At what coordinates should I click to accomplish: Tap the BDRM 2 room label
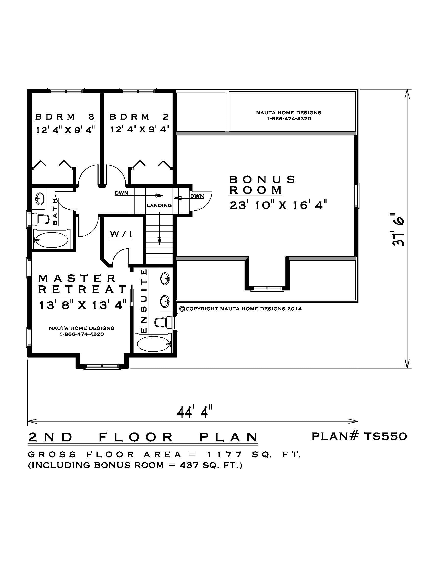[139, 117]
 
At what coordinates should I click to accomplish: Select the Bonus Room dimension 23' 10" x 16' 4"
[278, 206]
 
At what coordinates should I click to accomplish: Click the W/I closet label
[121, 234]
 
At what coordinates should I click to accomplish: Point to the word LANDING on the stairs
[159, 206]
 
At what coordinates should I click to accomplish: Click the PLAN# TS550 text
[359, 436]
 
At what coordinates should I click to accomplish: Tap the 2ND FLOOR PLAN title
[143, 437]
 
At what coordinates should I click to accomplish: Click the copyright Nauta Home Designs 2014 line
[240, 309]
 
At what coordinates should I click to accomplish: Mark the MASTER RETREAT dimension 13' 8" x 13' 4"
[83, 305]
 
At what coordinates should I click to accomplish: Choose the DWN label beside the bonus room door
[197, 196]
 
